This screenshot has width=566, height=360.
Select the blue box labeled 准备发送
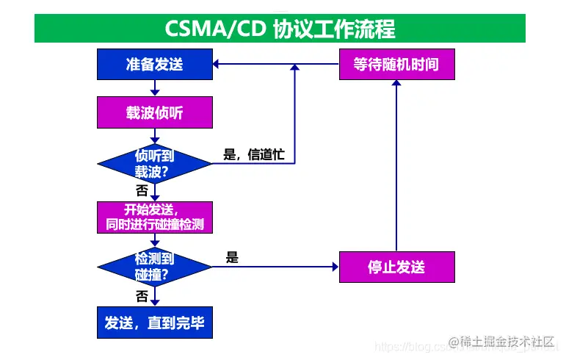point(154,65)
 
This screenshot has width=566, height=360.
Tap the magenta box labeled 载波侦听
point(154,114)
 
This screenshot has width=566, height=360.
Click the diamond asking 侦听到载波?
point(154,164)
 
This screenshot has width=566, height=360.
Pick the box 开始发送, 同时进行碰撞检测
point(154,217)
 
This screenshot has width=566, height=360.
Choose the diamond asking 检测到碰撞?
point(154,267)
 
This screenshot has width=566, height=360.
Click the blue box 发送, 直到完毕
point(154,323)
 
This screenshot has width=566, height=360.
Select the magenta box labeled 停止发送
point(396,267)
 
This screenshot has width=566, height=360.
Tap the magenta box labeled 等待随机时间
point(396,65)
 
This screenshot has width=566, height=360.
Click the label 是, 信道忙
point(253,155)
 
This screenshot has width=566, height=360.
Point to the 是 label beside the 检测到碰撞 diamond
point(232,257)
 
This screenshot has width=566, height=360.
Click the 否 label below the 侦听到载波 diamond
point(142,190)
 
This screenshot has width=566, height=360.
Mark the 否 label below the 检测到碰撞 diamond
point(142,295)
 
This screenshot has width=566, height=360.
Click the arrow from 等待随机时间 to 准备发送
point(275,65)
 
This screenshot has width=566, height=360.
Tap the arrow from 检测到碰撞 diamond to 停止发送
point(275,267)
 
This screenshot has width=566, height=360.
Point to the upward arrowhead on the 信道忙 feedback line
point(294,68)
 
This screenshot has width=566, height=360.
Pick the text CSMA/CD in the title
point(215,29)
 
